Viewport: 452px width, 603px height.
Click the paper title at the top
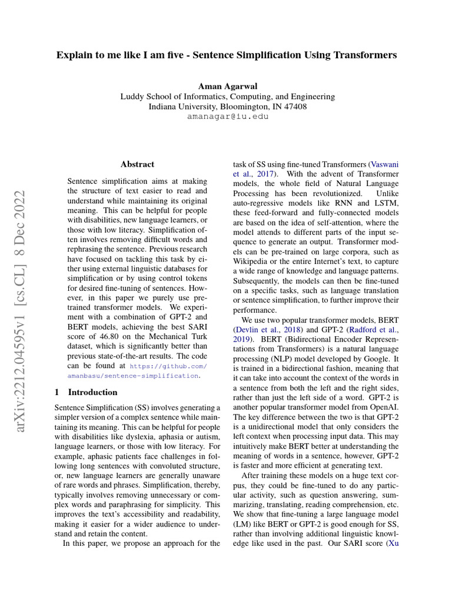point(227,55)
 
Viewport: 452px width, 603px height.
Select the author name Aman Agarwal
point(227,86)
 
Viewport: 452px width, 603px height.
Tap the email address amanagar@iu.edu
point(227,117)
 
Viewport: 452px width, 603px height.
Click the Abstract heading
point(137,164)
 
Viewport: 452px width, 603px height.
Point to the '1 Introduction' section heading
point(86,392)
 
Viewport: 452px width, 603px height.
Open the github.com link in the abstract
point(168,365)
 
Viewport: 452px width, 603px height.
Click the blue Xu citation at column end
point(393,543)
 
